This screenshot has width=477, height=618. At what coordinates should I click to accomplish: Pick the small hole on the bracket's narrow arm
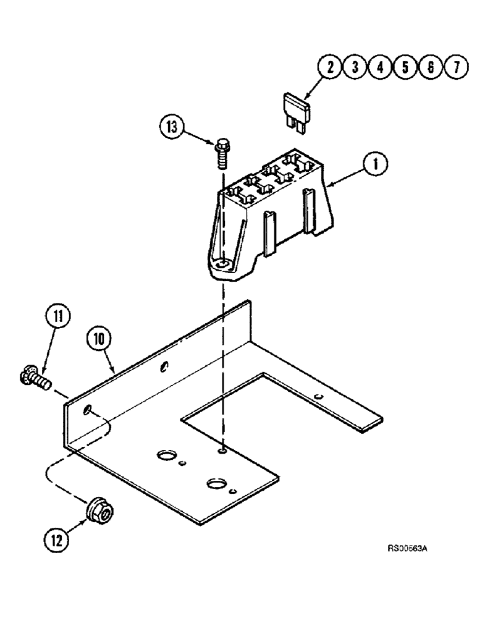click(318, 396)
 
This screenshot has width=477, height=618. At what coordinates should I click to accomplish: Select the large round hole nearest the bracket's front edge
click(216, 484)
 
